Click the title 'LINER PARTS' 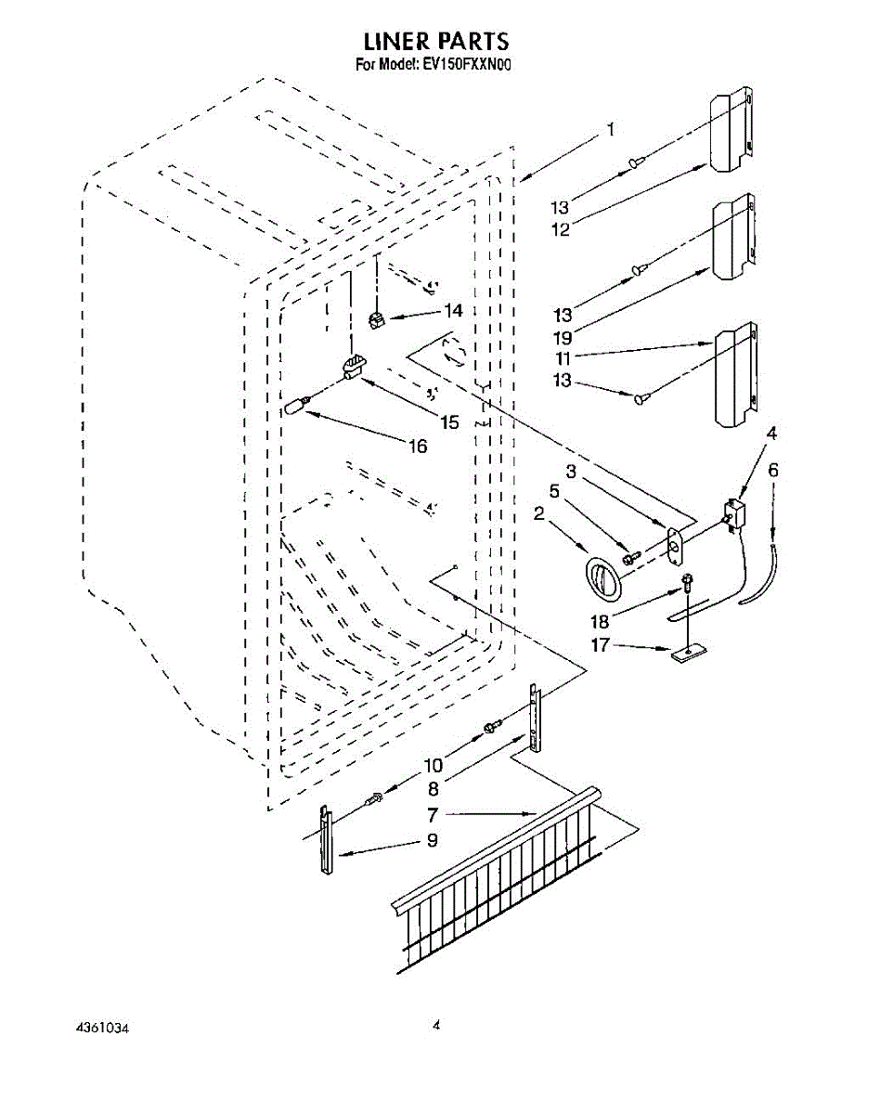[436, 41]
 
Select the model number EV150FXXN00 [468, 65]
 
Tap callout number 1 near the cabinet [611, 129]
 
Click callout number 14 [453, 311]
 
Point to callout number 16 [419, 446]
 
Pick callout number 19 [563, 338]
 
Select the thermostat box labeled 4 [734, 514]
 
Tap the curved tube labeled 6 [761, 574]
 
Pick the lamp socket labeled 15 [353, 366]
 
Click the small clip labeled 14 [378, 320]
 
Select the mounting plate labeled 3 [675, 548]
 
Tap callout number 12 [561, 229]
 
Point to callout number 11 [563, 358]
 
